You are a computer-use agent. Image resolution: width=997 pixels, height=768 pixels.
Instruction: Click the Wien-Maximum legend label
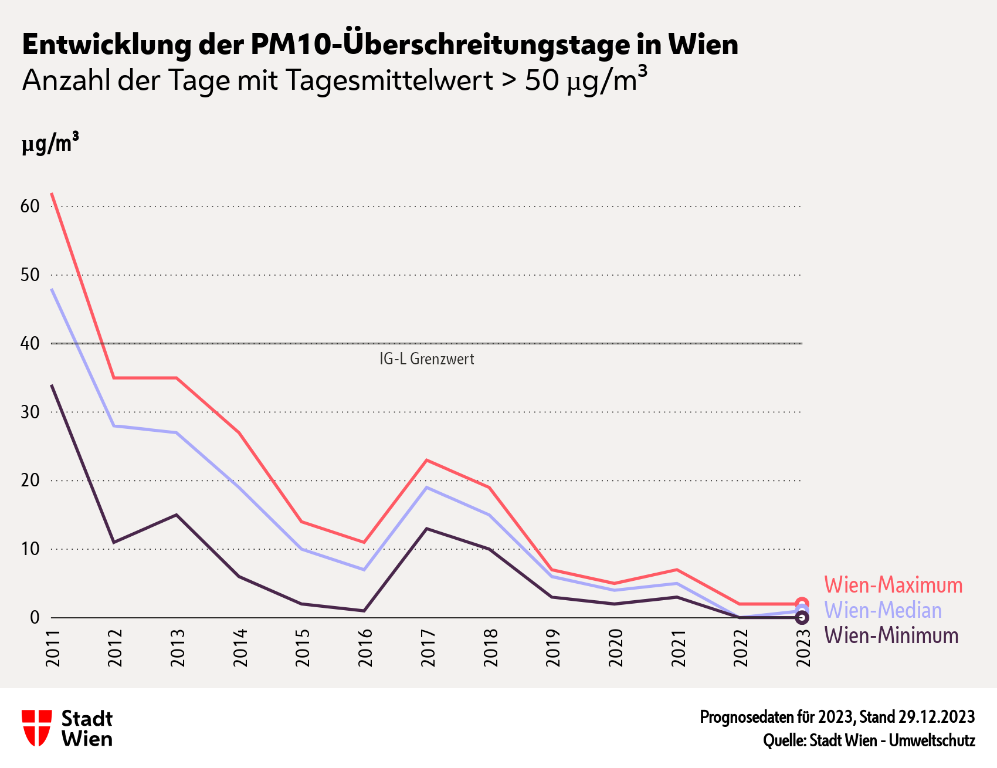tap(893, 585)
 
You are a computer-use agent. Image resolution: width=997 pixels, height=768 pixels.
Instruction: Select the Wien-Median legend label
tap(883, 610)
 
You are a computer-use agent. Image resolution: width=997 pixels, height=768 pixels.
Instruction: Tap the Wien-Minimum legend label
tap(891, 635)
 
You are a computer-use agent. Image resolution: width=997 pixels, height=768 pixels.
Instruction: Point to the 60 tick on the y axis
tap(30, 207)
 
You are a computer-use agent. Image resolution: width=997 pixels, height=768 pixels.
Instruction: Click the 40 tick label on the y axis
tap(30, 343)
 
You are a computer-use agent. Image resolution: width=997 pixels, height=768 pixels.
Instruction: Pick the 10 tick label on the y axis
tap(30, 549)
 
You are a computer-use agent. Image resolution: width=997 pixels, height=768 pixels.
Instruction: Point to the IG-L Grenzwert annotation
tap(426, 359)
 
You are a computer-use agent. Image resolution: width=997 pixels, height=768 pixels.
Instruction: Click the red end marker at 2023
tap(802, 604)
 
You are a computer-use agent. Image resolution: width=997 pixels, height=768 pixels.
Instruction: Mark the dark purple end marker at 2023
tap(802, 618)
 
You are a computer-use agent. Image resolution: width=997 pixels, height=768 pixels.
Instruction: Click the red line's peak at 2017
tap(427, 460)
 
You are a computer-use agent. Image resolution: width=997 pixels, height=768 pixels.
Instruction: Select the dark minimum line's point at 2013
tap(177, 515)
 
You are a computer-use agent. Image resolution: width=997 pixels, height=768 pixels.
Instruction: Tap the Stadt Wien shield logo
tap(36, 728)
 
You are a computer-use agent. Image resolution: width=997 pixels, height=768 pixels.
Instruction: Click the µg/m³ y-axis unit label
tap(50, 144)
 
